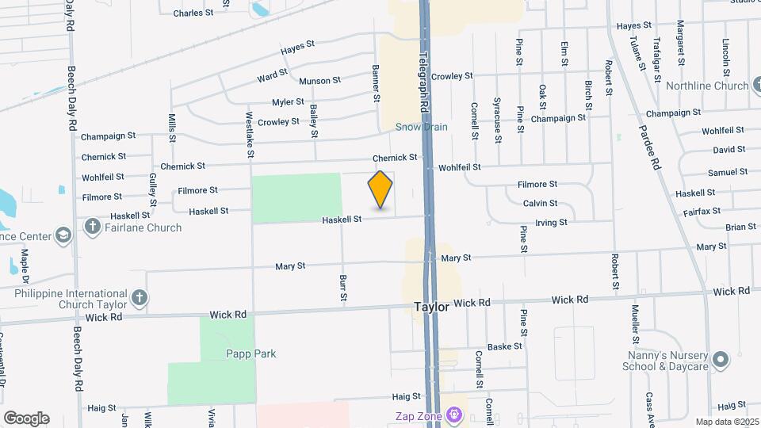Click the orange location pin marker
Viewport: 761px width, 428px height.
pos(380,189)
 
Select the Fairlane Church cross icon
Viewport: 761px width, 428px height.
pos(93,227)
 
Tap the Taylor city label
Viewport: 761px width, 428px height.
pos(431,307)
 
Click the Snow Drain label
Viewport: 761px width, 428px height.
pos(422,127)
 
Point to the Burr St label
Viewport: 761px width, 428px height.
pos(343,288)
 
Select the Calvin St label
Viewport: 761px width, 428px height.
pos(541,204)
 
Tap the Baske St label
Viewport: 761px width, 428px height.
pos(505,346)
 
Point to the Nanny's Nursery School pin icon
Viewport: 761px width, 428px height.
pos(721,361)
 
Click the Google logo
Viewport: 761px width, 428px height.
pos(26,418)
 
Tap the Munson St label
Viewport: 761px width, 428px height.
pos(319,81)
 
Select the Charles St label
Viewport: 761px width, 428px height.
pos(193,13)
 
